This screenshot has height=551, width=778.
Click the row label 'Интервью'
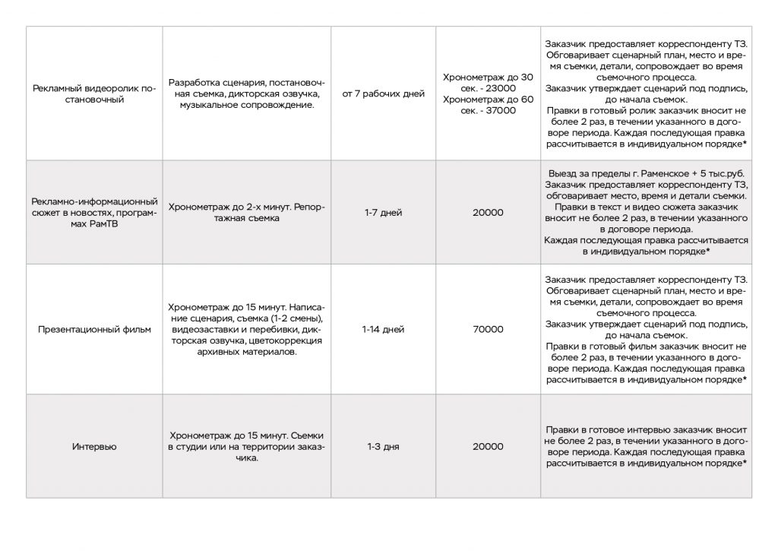(95, 447)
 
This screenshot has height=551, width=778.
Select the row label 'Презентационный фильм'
(95, 330)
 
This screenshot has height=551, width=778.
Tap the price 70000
(488, 330)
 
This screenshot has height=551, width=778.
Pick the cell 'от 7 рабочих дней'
(383, 94)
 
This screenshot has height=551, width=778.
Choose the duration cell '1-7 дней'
(384, 213)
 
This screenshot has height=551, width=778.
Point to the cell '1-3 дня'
(384, 447)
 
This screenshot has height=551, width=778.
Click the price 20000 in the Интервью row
(488, 447)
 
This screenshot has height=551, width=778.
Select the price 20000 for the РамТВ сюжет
(488, 213)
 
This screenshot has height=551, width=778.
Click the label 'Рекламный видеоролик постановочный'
(95, 94)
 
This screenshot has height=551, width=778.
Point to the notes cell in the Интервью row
(646, 447)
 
